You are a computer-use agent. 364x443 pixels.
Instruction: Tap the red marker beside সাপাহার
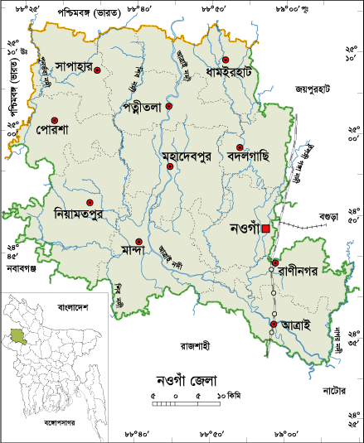tap(97, 71)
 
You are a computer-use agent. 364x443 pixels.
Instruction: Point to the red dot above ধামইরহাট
tap(225, 60)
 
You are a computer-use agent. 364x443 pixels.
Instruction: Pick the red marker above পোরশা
tap(55, 120)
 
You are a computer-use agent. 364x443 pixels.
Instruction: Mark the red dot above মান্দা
tap(139, 242)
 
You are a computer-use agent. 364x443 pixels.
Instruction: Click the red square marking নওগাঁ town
tap(265, 229)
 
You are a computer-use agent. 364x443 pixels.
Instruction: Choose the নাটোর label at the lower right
tap(337, 388)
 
